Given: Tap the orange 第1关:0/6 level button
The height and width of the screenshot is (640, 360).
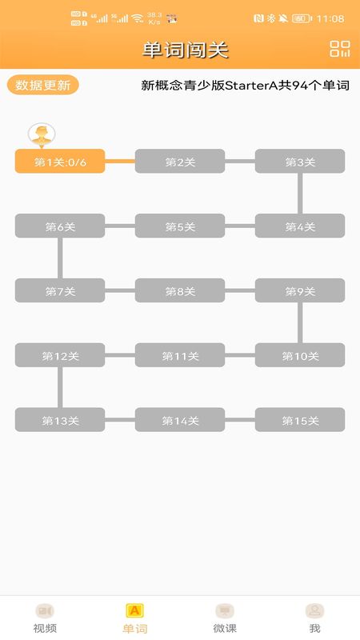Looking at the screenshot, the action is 60,162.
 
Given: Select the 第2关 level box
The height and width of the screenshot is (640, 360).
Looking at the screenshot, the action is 180,162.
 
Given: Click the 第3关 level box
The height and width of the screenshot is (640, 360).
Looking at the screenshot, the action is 300,162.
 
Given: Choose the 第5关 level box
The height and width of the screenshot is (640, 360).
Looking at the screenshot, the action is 180,226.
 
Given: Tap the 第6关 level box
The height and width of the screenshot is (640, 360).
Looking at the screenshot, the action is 60,226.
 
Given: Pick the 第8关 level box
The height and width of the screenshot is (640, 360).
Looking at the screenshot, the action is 180,290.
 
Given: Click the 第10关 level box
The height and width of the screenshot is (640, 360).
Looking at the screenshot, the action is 300,355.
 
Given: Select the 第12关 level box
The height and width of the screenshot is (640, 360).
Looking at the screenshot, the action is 60,355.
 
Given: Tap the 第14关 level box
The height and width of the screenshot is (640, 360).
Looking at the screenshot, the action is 180,419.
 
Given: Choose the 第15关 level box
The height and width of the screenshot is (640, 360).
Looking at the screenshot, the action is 300,419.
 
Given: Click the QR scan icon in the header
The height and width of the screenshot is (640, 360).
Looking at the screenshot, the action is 339,49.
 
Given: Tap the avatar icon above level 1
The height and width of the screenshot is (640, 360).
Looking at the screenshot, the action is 42,134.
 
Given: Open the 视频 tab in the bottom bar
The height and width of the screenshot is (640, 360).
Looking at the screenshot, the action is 45,618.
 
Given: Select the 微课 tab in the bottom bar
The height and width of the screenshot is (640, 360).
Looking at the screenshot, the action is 225,618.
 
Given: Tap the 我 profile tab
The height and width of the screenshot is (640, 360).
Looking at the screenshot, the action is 314,618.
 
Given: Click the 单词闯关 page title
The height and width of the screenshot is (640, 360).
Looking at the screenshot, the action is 185,50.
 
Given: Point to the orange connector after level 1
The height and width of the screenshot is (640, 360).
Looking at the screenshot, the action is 120,162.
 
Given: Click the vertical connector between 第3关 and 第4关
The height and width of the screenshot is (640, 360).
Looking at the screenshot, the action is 300,194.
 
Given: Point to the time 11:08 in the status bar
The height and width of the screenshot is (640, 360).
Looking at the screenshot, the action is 330,18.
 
